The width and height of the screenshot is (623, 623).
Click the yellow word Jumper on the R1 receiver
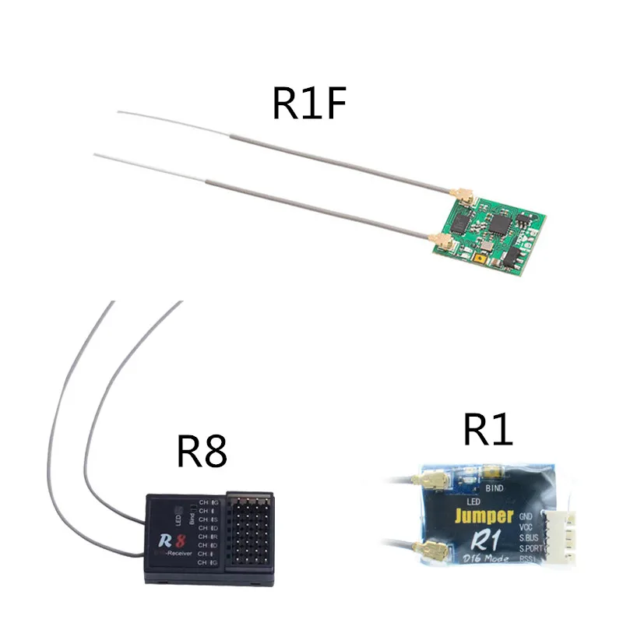coord(484,515)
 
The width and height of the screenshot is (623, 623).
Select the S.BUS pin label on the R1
coord(528,537)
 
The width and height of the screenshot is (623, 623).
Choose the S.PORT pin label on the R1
coord(530,549)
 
